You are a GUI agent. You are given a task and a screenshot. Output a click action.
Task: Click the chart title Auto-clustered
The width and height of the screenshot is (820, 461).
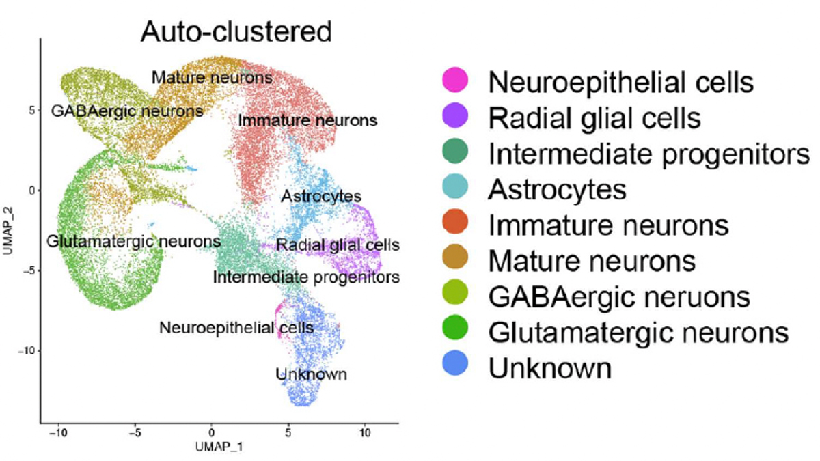pos(236,32)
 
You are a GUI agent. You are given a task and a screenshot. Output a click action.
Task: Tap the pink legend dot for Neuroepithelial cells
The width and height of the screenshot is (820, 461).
pos(455,79)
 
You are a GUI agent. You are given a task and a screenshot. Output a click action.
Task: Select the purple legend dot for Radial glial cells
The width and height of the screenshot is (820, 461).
pos(455,115)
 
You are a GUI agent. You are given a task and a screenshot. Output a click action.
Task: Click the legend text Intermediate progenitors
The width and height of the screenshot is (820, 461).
pos(649,155)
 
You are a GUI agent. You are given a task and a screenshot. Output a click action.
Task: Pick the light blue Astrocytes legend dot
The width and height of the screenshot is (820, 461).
pos(455,186)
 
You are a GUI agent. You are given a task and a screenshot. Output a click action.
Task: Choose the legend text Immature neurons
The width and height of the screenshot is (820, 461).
pos(609,225)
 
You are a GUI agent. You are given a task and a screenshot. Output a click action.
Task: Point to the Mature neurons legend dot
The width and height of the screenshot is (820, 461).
pos(455,257)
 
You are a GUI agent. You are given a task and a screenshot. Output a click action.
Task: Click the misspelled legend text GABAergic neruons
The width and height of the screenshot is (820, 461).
pos(619,297)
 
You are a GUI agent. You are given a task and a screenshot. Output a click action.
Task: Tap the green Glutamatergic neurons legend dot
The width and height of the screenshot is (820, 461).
pos(455,327)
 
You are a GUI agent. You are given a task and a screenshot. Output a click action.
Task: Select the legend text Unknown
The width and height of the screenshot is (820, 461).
pos(550,368)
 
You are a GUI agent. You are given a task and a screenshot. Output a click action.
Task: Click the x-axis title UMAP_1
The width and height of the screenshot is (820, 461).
pos(219,447)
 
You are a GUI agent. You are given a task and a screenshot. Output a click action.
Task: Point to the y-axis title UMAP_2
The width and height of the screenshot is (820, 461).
pos(8,231)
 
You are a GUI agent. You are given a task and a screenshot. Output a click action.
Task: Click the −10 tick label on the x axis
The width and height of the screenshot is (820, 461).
pos(58,433)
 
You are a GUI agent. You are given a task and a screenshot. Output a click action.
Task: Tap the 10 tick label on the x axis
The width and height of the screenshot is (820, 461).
pos(365,433)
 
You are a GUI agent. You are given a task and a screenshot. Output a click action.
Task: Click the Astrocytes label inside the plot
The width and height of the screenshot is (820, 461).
pos(321,197)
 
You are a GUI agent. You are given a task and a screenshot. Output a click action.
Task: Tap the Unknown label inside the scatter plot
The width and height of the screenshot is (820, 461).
pos(311,374)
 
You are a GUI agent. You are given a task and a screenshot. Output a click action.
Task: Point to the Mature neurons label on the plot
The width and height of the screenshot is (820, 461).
pos(213,78)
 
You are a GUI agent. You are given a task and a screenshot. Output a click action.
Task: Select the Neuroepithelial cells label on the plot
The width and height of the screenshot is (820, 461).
pos(237,327)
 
